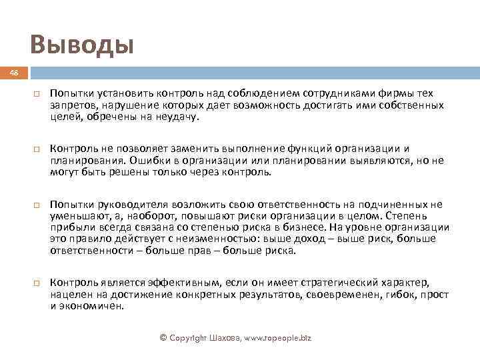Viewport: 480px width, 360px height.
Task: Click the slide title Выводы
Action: [82, 45]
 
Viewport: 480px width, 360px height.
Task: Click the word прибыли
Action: [69, 227]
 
